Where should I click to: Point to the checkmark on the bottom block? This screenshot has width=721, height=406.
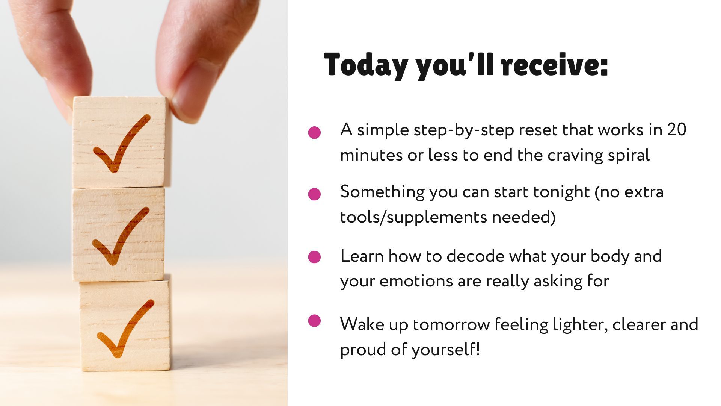125,329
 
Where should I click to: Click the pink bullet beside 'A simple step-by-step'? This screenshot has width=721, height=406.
314,132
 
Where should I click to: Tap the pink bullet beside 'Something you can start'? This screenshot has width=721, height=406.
314,194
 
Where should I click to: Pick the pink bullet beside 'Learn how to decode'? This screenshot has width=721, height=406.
314,257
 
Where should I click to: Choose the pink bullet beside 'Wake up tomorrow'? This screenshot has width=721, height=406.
314,321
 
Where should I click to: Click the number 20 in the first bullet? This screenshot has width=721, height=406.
677,130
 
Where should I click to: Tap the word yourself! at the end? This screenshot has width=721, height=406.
446,350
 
